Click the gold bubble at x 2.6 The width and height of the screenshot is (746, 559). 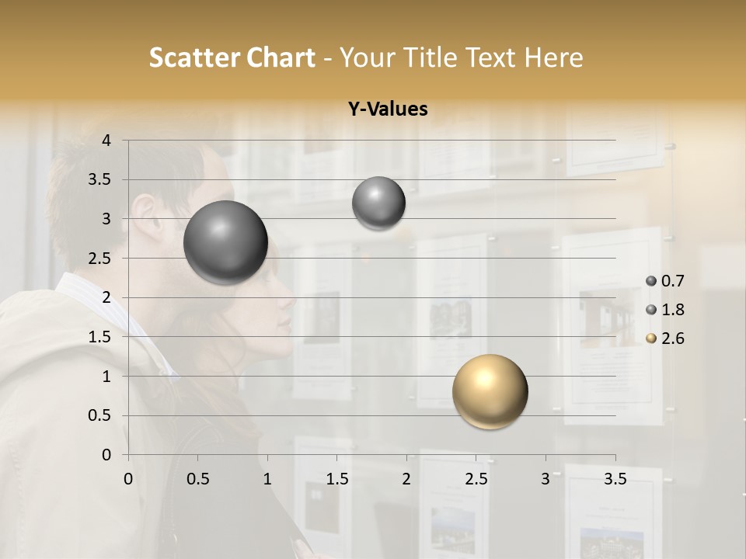click(490, 391)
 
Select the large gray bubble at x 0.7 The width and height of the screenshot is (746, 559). click(225, 242)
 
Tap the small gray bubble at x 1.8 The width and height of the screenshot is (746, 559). click(378, 203)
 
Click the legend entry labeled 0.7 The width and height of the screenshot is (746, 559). click(664, 281)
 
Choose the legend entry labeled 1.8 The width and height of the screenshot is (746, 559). click(664, 310)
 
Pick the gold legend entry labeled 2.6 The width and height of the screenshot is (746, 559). click(664, 339)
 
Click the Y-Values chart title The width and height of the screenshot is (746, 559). click(388, 109)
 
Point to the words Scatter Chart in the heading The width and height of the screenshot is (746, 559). click(232, 57)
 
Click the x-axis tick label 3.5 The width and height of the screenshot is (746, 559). click(615, 479)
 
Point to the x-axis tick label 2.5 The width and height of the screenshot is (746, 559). click(476, 479)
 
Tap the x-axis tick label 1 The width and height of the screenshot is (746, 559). click(267, 479)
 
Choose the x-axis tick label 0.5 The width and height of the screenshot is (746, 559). click(197, 479)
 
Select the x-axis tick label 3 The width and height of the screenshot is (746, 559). click(546, 479)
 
